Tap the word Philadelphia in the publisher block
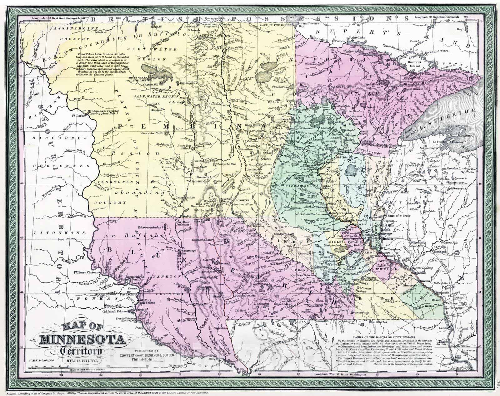pos(146,359)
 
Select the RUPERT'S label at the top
pos(338,31)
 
